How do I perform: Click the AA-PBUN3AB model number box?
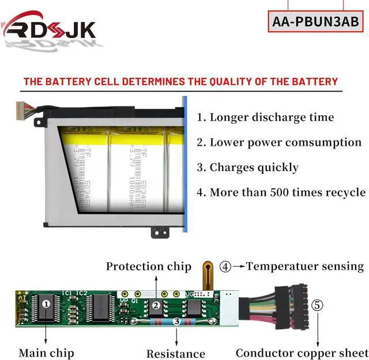point(315,22)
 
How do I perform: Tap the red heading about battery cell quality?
point(180,81)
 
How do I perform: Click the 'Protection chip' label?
point(148,267)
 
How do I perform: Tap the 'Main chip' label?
point(46,353)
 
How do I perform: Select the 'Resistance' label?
point(175,354)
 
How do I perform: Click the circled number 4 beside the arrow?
point(225,267)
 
